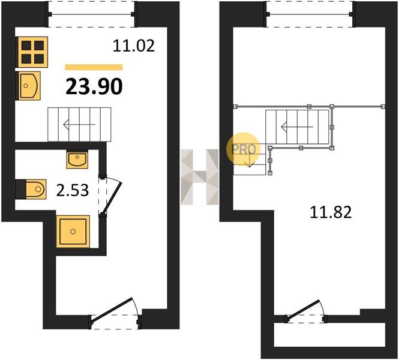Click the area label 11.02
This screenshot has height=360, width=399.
tap(134, 46)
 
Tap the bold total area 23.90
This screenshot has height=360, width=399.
tap(94, 86)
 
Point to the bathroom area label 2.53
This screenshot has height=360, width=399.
tap(73, 191)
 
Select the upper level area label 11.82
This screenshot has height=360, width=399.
tap(331, 212)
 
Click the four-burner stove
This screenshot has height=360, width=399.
tap(32, 52)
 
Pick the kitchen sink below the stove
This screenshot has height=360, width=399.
tap(28, 86)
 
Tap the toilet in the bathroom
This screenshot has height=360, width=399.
tap(31, 189)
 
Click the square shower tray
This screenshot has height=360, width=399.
tap(73, 231)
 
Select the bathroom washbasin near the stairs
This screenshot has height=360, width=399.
tap(77, 159)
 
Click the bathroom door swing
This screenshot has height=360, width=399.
tap(112, 196)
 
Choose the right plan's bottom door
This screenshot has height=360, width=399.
tap(305, 311)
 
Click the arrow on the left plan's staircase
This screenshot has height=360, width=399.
tap(79, 124)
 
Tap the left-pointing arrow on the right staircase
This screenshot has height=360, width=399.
tap(297, 127)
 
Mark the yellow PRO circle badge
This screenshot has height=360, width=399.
tap(244, 149)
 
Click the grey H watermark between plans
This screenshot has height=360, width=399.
tap(199, 177)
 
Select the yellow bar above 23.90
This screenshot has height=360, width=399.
tap(94, 67)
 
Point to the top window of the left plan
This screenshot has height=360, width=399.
tap(91, 14)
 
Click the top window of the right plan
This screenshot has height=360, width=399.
tap(310, 14)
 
